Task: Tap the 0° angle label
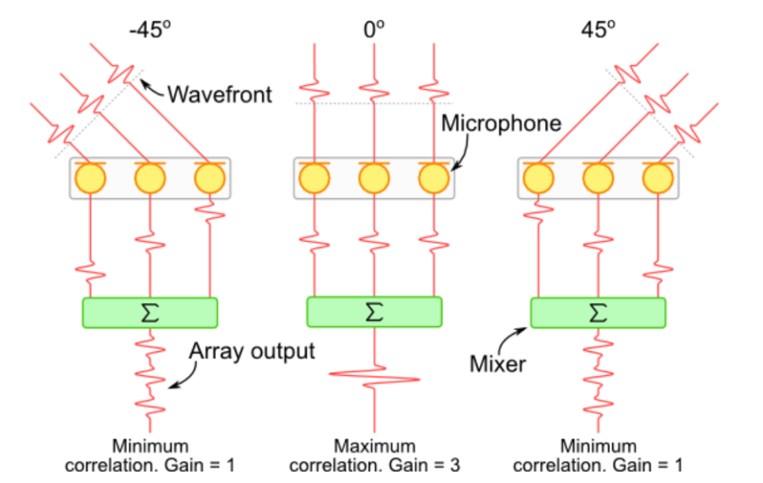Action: point(374,29)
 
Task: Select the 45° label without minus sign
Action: point(598,29)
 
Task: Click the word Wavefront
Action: point(220,95)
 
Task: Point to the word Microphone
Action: point(501,123)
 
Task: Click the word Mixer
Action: point(498,365)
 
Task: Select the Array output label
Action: point(252,351)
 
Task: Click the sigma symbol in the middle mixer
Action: point(374,312)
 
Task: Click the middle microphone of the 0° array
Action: point(374,178)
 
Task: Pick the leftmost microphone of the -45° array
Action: point(90,178)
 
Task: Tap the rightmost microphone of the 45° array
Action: point(657,178)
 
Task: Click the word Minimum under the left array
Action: point(150,446)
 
